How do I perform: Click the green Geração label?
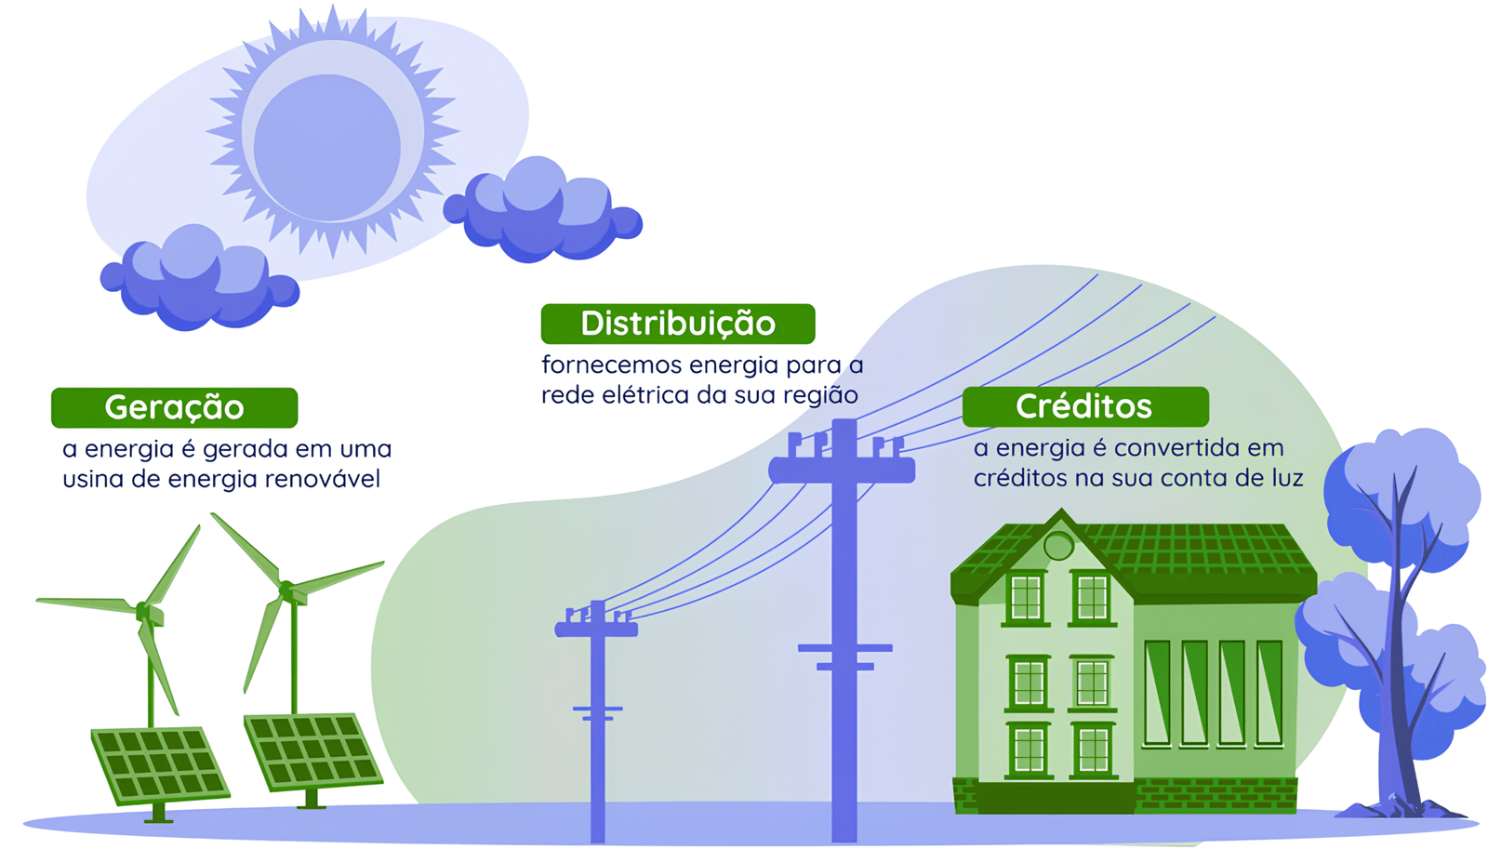(174, 407)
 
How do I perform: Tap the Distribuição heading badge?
(678, 324)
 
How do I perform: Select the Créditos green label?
(1085, 406)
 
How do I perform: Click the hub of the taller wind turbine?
(287, 590)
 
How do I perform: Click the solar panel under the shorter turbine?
(160, 765)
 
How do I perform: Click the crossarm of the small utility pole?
(596, 629)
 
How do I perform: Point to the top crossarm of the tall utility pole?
(842, 471)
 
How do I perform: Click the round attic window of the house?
(1058, 546)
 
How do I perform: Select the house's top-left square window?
(1026, 598)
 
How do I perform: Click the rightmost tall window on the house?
(1269, 694)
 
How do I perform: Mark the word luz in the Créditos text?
(1288, 478)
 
